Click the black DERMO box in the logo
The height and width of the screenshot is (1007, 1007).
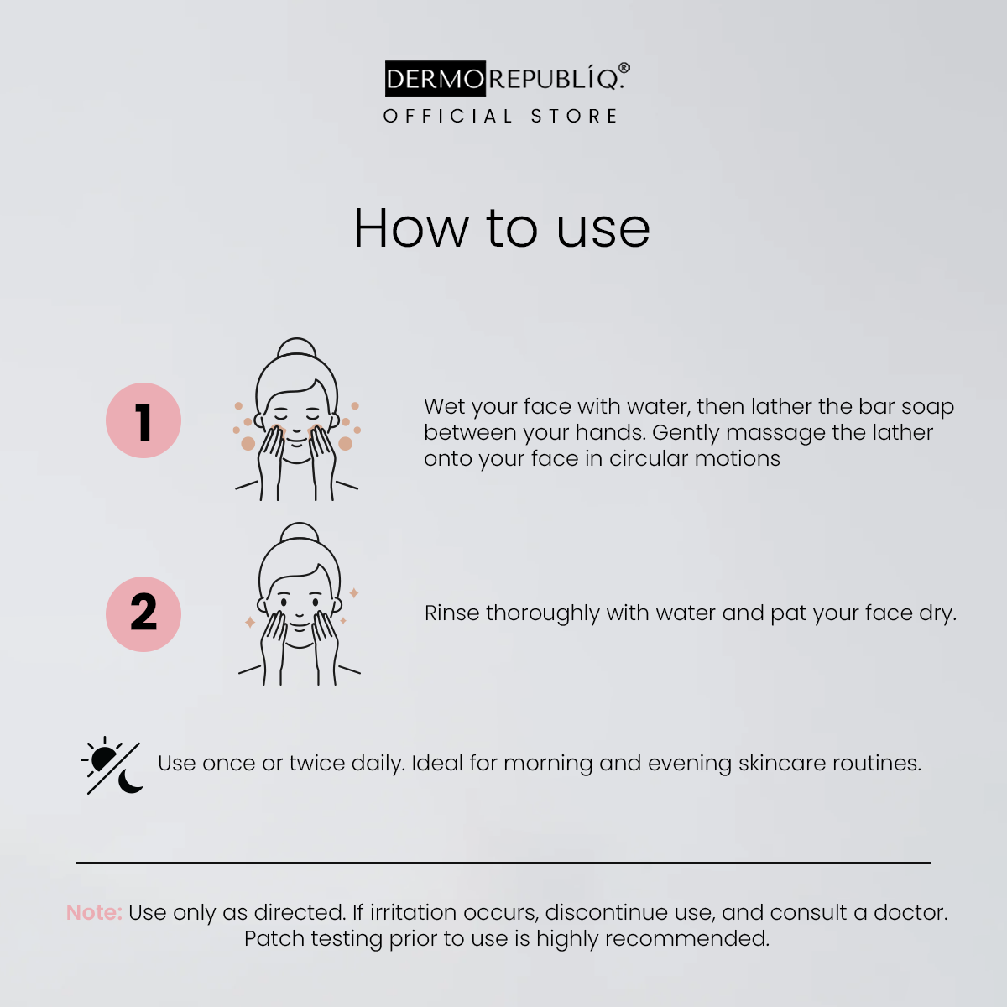click(436, 78)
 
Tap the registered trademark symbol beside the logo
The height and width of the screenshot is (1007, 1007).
click(624, 69)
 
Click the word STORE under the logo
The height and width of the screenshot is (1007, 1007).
click(574, 116)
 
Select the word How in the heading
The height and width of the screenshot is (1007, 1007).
click(411, 227)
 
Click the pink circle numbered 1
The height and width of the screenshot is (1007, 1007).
click(143, 420)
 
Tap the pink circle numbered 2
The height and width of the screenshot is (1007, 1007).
click(143, 614)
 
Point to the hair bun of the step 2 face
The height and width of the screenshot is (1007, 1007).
click(300, 532)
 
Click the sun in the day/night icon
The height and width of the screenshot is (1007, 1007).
click(102, 759)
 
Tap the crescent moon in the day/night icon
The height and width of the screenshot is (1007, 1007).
click(129, 780)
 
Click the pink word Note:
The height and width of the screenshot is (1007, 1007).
click(94, 912)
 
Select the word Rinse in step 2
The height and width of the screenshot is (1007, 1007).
click(452, 613)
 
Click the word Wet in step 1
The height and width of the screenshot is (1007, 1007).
click(444, 406)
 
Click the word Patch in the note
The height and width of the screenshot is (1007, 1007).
click(274, 938)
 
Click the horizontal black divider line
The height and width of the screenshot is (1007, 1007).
click(503, 864)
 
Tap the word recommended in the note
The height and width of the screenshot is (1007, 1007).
click(687, 938)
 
